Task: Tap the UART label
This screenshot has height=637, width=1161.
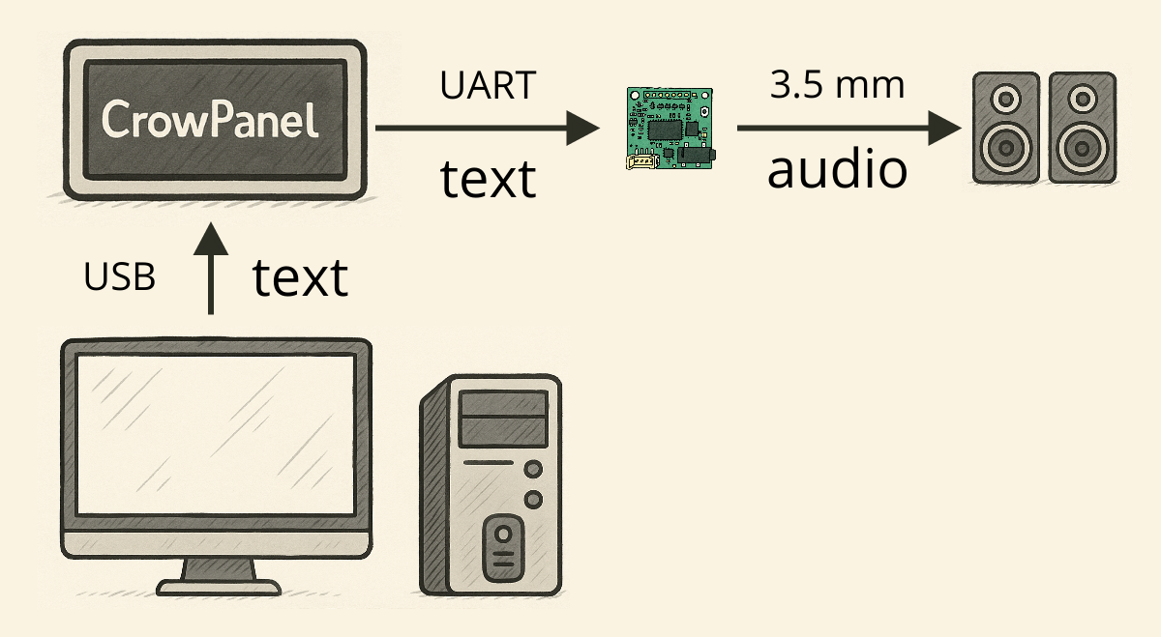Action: (x=487, y=86)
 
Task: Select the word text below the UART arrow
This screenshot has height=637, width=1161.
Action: (x=488, y=179)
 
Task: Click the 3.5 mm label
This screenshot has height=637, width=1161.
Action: (x=837, y=85)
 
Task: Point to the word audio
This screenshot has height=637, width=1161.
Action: (x=837, y=170)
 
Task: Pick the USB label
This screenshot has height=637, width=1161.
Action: (x=120, y=278)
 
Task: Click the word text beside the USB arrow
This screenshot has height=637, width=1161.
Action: (x=300, y=278)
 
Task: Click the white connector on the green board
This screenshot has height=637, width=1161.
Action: (x=642, y=162)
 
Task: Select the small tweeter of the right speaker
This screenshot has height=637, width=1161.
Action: (x=1083, y=99)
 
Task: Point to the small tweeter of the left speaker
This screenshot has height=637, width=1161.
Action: (x=1005, y=99)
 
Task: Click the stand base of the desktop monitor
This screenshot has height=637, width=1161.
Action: (x=219, y=586)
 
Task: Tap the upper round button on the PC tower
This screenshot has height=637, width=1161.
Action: (x=532, y=470)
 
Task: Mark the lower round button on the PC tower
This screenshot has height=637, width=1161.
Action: (x=532, y=500)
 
